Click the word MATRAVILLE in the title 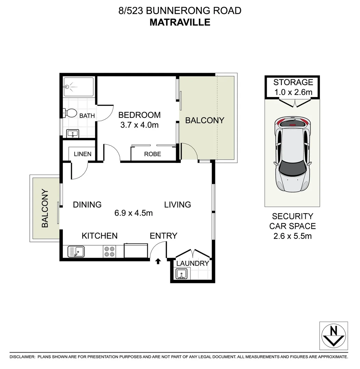pyautogui.click(x=180, y=22)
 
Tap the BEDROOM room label pyautogui.click(x=139, y=115)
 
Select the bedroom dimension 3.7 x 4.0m pyautogui.click(x=139, y=125)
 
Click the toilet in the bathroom pyautogui.click(x=70, y=113)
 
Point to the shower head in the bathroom pyautogui.click(x=67, y=87)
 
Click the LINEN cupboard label pyautogui.click(x=82, y=154)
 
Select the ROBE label pyautogui.click(x=152, y=154)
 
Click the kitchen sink pyautogui.click(x=76, y=252)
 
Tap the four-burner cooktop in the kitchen pyautogui.click(x=109, y=252)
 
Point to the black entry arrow pyautogui.click(x=158, y=262)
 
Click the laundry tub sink pyautogui.click(x=181, y=274)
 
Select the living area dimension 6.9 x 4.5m pyautogui.click(x=133, y=213)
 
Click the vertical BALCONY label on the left pyautogui.click(x=45, y=208)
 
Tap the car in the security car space pyautogui.click(x=293, y=155)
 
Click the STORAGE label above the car pyautogui.click(x=293, y=82)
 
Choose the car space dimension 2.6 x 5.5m pyautogui.click(x=292, y=236)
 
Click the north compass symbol pyautogui.click(x=333, y=336)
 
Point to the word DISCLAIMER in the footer pyautogui.click(x=22, y=357)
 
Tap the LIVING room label pyautogui.click(x=177, y=205)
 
